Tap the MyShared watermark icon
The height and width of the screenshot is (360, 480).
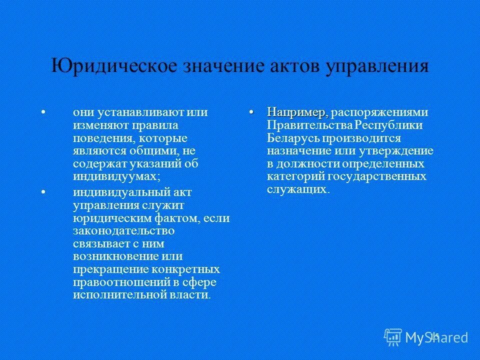pyautogui.click(x=393, y=336)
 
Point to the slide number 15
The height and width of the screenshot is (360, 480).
pyautogui.click(x=434, y=336)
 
